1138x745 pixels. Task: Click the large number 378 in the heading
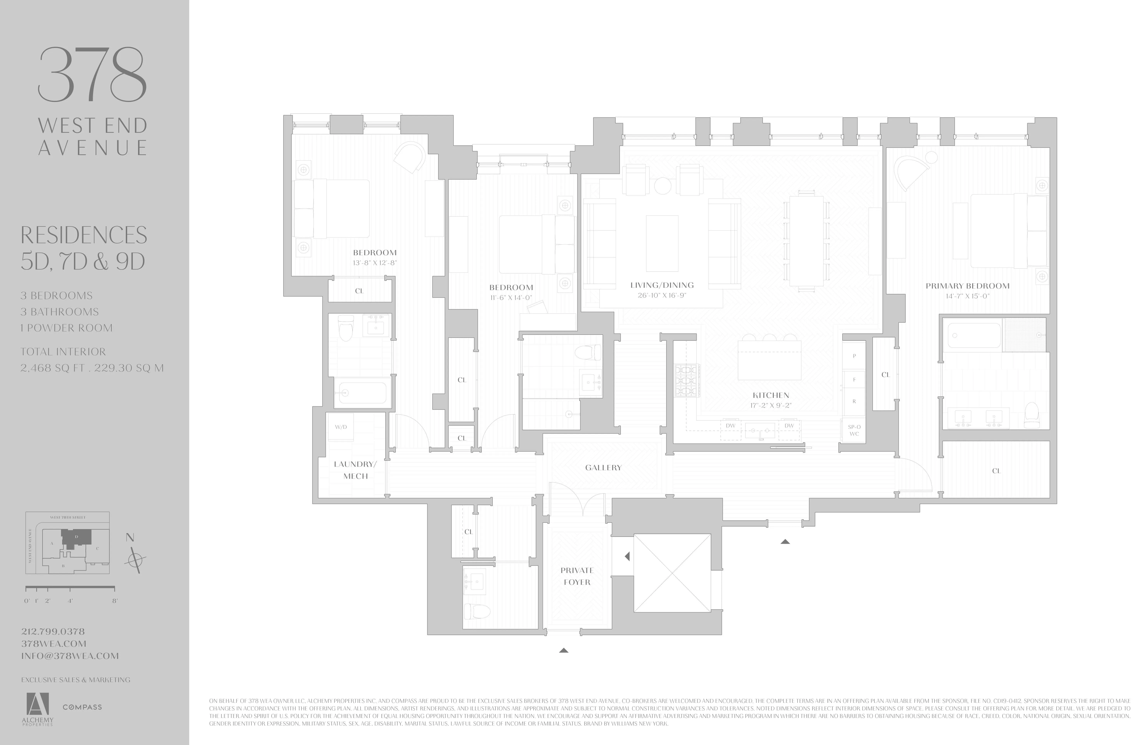[92, 74]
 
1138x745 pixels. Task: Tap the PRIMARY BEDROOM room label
[967, 286]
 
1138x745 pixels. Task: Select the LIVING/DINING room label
[662, 285]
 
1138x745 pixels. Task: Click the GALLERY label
[603, 468]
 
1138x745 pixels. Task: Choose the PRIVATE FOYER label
[577, 576]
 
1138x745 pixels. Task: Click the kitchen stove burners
[687, 381]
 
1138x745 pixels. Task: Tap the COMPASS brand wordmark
[82, 707]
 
